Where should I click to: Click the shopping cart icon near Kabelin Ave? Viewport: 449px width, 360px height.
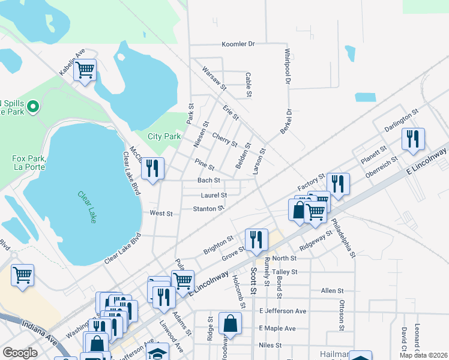85,70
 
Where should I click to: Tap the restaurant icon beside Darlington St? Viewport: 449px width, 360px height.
412,139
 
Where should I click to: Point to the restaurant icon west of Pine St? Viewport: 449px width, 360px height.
152,168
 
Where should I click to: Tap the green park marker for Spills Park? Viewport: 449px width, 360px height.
34,107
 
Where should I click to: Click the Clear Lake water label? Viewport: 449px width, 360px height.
86,207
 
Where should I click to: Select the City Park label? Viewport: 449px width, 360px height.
164,136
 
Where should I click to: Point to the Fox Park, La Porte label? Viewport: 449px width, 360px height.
29,163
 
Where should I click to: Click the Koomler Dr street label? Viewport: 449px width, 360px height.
238,44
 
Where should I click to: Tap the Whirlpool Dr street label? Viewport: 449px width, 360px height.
288,66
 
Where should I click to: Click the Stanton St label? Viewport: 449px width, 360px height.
208,209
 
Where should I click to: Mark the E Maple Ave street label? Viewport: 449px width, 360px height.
277,328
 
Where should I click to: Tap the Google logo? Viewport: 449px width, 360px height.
20,353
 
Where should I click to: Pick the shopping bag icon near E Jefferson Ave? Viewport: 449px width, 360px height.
230,323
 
